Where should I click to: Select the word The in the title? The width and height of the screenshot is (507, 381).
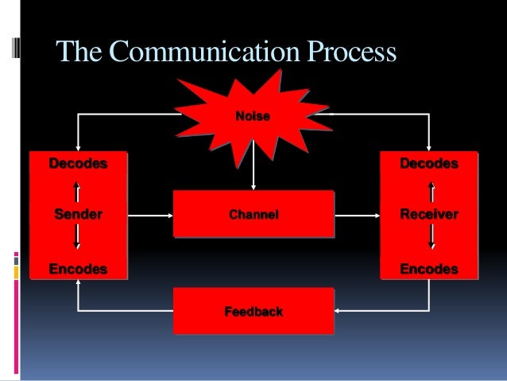pos(79,53)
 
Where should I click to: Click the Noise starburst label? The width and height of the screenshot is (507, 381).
pos(253,117)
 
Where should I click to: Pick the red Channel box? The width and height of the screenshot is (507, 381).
pos(253,215)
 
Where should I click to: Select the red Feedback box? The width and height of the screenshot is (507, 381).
pos(253,311)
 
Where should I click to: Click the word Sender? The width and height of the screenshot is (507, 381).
pos(78,215)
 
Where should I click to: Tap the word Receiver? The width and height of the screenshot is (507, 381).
pos(429,215)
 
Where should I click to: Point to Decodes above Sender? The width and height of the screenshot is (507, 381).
pos(78,164)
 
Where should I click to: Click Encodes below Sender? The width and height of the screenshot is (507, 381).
pos(78,270)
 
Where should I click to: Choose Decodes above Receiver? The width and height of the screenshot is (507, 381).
pos(429,164)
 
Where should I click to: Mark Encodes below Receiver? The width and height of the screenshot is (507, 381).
pos(429,270)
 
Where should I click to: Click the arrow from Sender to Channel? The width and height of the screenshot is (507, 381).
pos(151,215)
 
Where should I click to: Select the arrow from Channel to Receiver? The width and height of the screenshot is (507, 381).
pos(358,215)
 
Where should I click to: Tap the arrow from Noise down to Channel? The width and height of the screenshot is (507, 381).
pos(253,171)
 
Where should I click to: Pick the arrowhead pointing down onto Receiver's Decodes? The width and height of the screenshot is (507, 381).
pos(429,146)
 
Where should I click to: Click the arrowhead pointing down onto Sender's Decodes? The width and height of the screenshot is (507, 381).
pos(78,146)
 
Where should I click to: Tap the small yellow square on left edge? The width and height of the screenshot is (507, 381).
pos(16,273)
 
